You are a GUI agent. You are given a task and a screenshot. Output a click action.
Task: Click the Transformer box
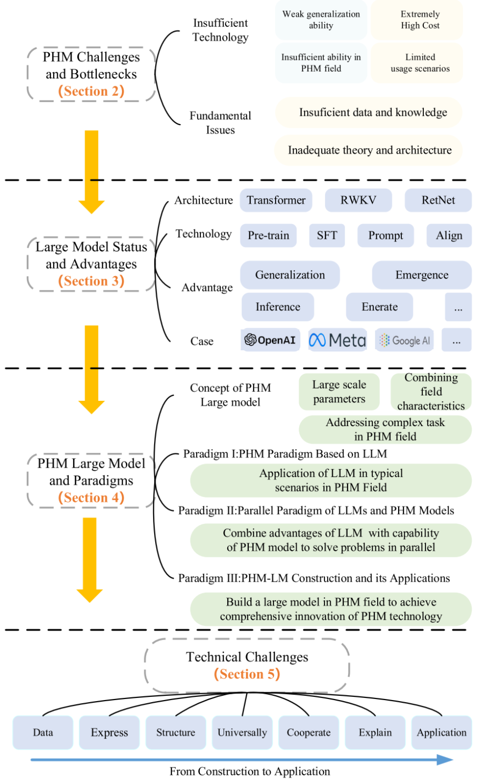click(276, 200)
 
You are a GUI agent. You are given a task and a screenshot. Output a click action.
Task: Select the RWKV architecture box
click(358, 200)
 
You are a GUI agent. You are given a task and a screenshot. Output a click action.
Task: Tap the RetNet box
click(438, 200)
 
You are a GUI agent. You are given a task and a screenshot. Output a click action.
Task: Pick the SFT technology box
click(327, 236)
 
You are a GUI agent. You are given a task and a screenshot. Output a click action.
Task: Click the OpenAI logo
click(270, 340)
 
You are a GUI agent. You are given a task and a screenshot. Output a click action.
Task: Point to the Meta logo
click(337, 340)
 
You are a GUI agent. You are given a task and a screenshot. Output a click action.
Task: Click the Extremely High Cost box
click(420, 20)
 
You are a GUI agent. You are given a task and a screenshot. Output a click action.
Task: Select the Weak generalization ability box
click(321, 20)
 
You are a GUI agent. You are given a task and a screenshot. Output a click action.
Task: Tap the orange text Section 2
click(91, 91)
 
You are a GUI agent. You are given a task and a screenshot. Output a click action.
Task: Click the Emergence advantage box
click(422, 275)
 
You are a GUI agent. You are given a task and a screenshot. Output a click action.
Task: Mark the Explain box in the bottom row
click(375, 732)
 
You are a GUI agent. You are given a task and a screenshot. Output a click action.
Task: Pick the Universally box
click(242, 732)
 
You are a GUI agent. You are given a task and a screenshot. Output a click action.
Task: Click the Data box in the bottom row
click(43, 732)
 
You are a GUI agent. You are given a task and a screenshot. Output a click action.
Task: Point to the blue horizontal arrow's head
click(446, 759)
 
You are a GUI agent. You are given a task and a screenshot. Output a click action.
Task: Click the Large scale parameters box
click(339, 392)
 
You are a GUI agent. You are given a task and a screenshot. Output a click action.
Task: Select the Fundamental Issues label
click(220, 123)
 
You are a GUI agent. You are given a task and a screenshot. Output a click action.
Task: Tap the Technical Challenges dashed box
click(247, 665)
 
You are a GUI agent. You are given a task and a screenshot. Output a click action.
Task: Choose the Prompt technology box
click(385, 236)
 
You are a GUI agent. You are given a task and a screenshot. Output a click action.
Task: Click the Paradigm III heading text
click(314, 578)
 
